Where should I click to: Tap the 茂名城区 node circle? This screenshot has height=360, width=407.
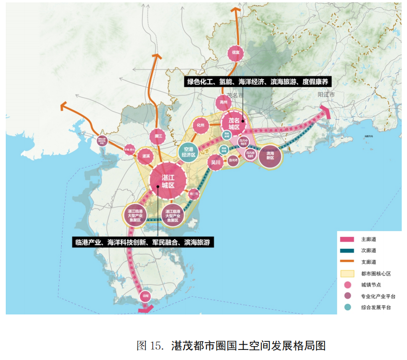tap(233, 123)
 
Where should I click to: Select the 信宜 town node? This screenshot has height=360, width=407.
tap(235, 52)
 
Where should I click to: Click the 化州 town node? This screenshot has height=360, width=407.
tap(200, 126)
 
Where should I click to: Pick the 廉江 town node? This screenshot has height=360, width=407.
tap(158, 137)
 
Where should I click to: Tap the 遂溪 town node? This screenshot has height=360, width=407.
tap(144, 156)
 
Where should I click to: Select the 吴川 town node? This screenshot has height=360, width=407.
tap(216, 163)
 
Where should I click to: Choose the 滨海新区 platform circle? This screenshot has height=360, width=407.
tap(270, 155)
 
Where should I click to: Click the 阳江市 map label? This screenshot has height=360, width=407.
tap(327, 95)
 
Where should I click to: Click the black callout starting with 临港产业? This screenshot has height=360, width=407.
tap(143, 242)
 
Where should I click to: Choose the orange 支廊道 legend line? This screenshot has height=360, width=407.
tap(347, 262)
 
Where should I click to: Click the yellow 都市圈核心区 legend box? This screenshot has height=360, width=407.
tap(347, 274)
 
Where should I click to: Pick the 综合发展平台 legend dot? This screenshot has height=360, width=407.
tap(347, 307)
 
